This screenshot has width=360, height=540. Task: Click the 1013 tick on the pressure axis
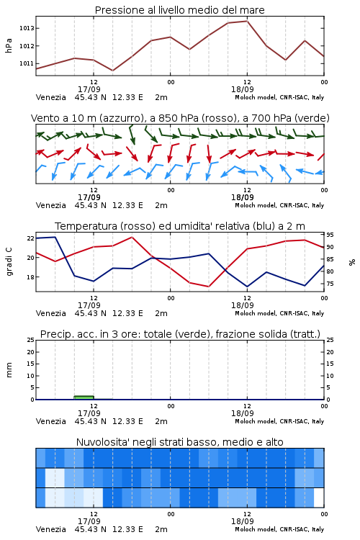[x=27, y=28]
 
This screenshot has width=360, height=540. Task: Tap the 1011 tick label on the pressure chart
[x=27, y=63]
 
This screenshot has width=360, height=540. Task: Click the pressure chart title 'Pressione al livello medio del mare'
[x=180, y=10]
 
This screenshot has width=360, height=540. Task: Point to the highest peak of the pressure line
[x=247, y=21]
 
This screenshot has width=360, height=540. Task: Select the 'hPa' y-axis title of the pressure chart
[x=9, y=45]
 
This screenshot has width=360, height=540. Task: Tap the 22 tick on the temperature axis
[x=31, y=238]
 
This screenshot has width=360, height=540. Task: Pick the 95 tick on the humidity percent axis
[x=330, y=235]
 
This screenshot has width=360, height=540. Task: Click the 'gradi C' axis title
[x=9, y=261]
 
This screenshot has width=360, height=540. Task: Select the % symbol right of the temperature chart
[x=352, y=262]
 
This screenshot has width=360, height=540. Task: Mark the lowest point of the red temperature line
[x=208, y=287]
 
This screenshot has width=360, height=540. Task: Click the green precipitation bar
[x=84, y=397]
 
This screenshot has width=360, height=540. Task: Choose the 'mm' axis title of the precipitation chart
[x=9, y=370]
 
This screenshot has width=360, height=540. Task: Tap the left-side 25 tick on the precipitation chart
[x=31, y=340]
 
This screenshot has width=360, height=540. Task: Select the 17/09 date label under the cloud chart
[x=89, y=521]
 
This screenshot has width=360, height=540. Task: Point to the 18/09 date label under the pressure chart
[x=243, y=89]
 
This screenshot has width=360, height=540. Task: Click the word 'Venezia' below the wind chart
[x=51, y=205]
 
